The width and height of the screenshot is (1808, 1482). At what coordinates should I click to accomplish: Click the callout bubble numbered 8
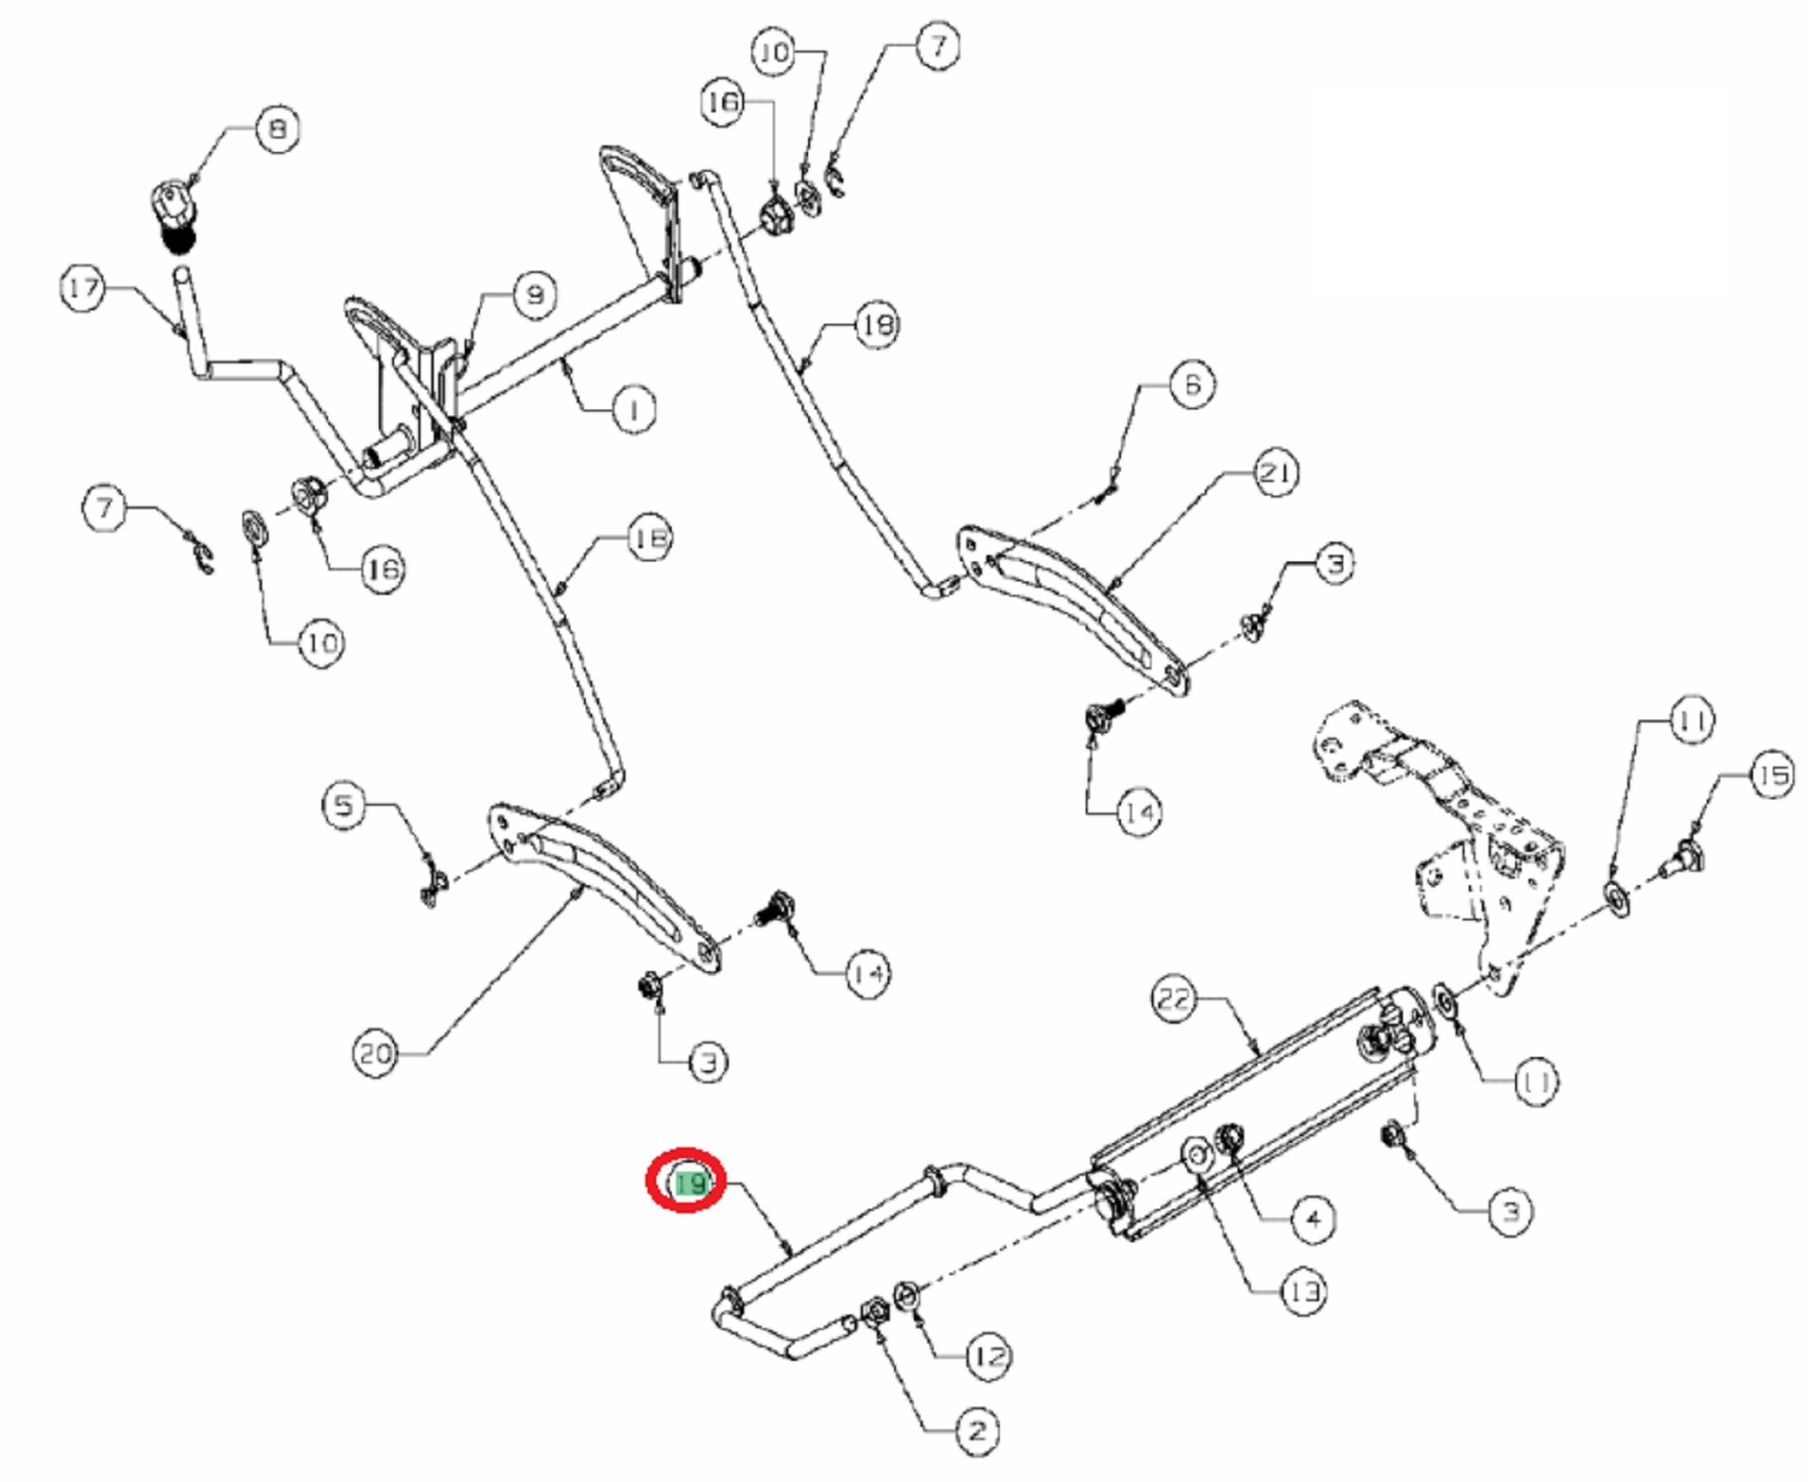(x=278, y=128)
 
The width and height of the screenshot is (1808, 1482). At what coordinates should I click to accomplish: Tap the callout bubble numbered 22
(x=1174, y=999)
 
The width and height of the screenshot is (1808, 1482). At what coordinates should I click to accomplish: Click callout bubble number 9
(x=534, y=295)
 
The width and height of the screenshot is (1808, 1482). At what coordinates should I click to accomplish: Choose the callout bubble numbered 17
(x=84, y=288)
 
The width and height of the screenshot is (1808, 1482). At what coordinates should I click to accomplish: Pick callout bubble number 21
(x=1275, y=472)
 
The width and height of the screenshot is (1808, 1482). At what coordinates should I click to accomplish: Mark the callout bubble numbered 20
(x=376, y=1053)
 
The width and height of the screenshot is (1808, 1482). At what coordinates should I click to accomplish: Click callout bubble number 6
(x=1191, y=384)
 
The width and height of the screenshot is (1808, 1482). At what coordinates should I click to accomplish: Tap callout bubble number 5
(x=344, y=804)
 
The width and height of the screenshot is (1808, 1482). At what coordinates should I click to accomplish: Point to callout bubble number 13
(x=1304, y=1292)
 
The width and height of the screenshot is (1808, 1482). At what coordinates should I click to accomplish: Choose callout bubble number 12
(x=988, y=1356)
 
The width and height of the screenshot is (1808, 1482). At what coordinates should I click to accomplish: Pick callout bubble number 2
(x=977, y=1431)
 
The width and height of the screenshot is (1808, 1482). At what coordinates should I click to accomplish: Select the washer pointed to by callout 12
(x=907, y=1296)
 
